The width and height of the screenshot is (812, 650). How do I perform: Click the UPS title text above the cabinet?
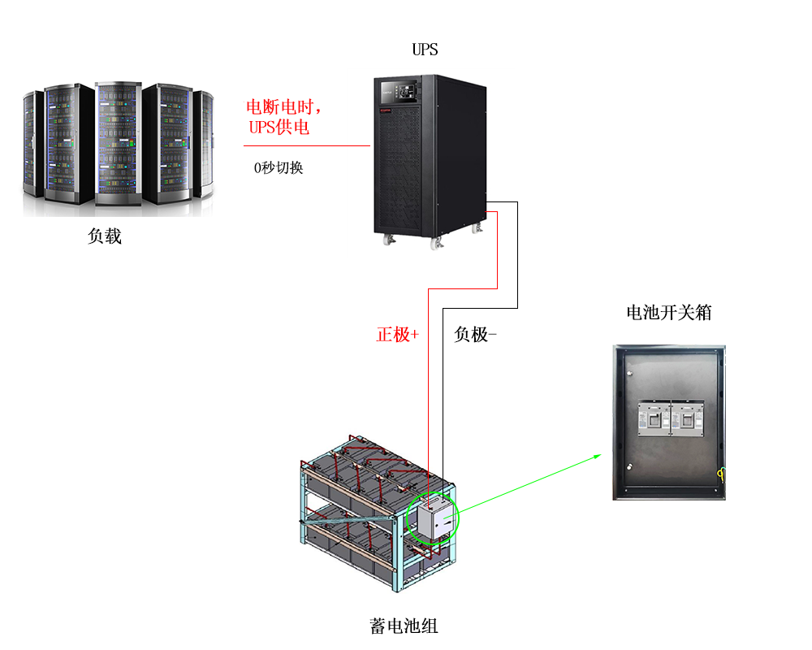tap(425, 50)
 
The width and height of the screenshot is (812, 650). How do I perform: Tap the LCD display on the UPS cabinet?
tap(405, 87)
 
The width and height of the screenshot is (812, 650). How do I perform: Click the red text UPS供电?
tap(279, 128)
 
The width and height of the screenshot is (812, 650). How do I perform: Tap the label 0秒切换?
tap(279, 168)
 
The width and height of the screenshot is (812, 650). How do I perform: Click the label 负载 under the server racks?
tap(105, 236)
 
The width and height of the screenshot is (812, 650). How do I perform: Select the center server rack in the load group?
tap(119, 143)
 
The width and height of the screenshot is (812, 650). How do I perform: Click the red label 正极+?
tap(397, 334)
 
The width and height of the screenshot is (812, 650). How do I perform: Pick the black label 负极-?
tap(475, 334)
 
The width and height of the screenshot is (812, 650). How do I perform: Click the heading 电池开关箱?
tap(668, 313)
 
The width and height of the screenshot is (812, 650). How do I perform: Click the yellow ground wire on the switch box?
tap(719, 473)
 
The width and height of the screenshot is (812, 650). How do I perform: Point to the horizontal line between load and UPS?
tap(307, 146)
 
